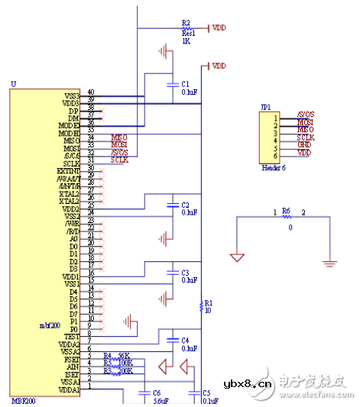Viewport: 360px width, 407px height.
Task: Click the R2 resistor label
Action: (186, 24)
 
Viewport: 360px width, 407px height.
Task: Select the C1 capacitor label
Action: (186, 82)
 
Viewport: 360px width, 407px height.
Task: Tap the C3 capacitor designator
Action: (186, 272)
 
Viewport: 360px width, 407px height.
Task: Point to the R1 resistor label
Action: (208, 303)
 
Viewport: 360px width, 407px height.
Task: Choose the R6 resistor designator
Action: (287, 210)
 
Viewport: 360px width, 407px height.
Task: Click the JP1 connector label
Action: (265, 108)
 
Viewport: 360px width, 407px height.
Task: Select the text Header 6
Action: (272, 167)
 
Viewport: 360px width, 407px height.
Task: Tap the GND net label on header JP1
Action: (303, 144)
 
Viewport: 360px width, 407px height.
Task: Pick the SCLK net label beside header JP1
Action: (305, 137)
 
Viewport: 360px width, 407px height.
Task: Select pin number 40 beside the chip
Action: (91, 92)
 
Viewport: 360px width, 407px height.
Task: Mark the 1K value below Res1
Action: (186, 41)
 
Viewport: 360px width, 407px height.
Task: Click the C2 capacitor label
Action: (186, 205)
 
